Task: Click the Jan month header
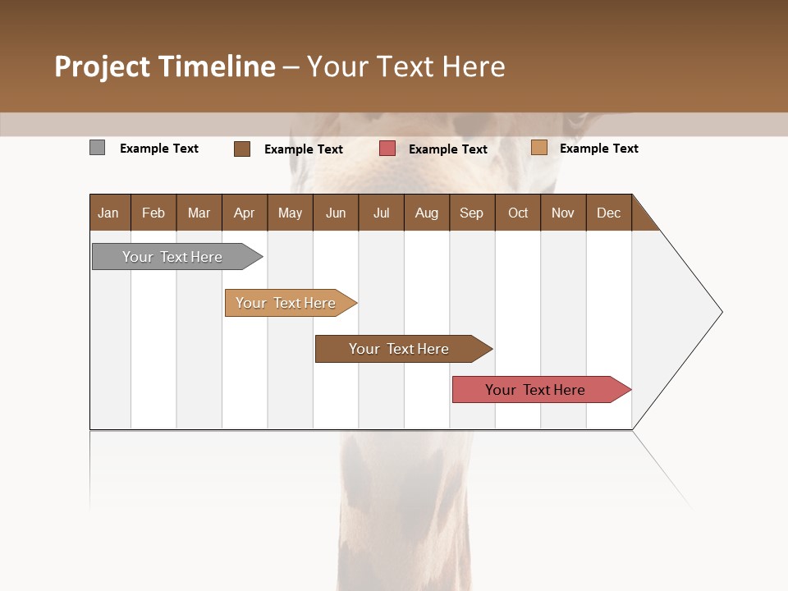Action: (108, 213)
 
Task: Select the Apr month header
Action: (244, 213)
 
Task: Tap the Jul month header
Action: (381, 213)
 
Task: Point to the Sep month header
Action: (471, 213)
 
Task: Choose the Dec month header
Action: (608, 213)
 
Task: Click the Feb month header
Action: (153, 213)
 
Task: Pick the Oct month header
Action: (518, 213)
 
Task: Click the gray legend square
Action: (97, 148)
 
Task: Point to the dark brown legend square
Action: (241, 149)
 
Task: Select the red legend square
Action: (387, 149)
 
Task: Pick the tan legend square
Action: (538, 148)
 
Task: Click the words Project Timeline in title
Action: (165, 66)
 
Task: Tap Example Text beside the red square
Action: (447, 149)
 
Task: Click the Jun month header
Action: (336, 213)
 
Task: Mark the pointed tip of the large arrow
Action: (721, 312)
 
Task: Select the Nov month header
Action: (562, 213)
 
